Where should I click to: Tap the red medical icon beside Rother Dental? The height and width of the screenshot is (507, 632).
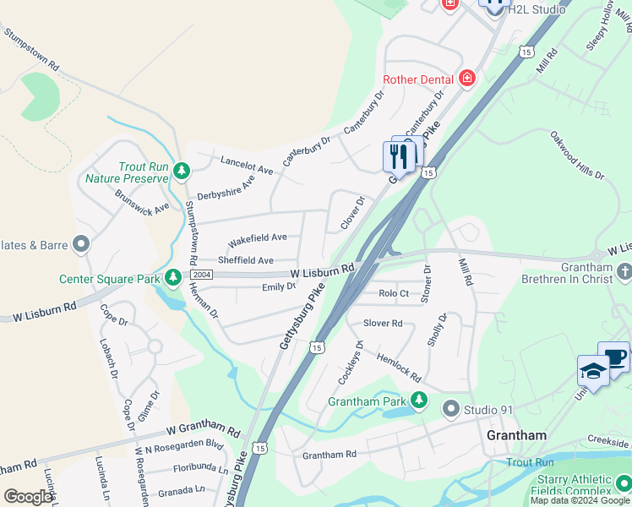[x=466, y=79]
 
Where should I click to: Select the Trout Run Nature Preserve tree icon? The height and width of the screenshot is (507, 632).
[x=181, y=172]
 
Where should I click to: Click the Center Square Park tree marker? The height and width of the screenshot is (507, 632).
[x=173, y=277]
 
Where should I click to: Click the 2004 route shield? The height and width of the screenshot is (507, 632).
[x=201, y=275]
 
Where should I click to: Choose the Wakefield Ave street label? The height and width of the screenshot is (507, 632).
[x=258, y=237]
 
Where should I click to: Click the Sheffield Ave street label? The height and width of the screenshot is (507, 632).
[x=246, y=260]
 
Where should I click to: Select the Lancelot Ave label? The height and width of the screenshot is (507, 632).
[x=247, y=165]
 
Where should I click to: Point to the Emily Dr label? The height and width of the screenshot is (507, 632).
[x=279, y=287]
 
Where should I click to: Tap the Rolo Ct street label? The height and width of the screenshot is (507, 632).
[x=394, y=293]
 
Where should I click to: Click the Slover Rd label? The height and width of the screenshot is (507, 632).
[x=383, y=323]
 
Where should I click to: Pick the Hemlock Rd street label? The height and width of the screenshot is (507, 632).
[x=398, y=366]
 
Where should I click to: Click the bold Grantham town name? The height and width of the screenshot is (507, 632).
[x=516, y=435]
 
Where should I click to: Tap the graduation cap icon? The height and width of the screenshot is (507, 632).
[x=593, y=371]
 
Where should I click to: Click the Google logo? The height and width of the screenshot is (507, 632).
[x=29, y=496]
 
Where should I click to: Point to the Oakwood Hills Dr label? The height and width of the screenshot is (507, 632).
[x=577, y=155]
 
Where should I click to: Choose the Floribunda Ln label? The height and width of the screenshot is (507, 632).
[x=201, y=467]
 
